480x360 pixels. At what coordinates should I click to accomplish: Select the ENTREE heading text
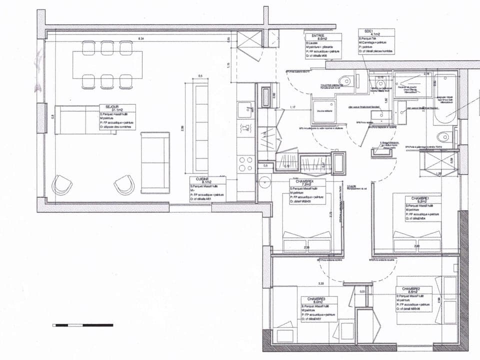point(318,36)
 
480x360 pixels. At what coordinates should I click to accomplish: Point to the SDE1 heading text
point(363,31)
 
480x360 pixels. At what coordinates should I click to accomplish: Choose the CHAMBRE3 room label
point(316,299)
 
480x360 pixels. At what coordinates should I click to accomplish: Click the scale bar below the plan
point(83,325)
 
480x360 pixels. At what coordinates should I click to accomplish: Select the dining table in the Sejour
point(107,65)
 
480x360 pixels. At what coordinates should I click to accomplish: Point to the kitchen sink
point(245,110)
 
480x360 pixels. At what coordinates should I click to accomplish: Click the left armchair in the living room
point(62,184)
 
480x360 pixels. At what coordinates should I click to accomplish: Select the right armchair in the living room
point(123,184)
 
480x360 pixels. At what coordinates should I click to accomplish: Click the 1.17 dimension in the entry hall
point(293,107)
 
